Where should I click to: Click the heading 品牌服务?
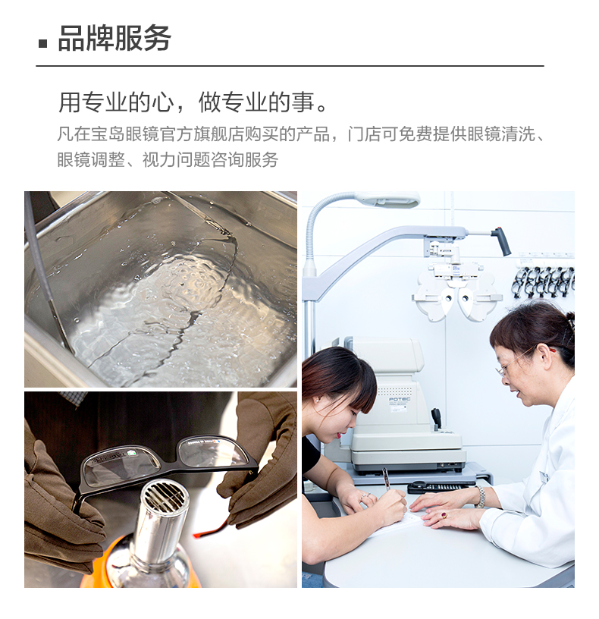(114, 38)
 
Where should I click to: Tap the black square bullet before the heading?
(42, 43)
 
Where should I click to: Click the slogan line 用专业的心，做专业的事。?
(193, 102)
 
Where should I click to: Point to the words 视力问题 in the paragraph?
(176, 159)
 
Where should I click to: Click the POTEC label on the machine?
(400, 399)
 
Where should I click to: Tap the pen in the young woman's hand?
(386, 479)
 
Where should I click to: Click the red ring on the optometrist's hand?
(444, 515)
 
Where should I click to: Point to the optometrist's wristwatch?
(480, 497)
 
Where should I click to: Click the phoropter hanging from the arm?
(456, 290)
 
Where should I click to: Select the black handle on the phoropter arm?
(502, 240)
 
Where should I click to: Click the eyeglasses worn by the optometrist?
(513, 364)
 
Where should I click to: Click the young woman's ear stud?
(317, 400)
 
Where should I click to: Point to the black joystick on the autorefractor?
(437, 419)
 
